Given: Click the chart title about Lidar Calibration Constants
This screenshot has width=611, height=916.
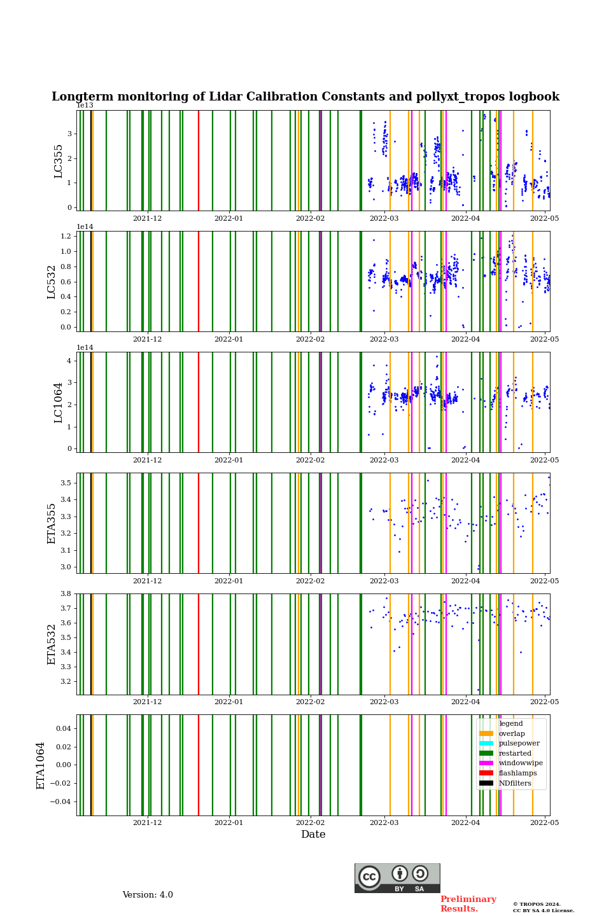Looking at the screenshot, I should point(305,97).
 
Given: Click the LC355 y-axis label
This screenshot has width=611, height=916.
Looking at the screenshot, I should point(59,161).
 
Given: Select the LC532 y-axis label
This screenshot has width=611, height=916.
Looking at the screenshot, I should point(52,282).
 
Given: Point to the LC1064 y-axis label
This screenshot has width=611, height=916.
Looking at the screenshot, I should point(59,403).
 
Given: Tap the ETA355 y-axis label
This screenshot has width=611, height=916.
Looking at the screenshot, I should point(52,524).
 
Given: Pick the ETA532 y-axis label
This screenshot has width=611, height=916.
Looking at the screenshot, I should point(52,644).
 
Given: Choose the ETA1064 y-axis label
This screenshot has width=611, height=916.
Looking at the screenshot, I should point(41,765).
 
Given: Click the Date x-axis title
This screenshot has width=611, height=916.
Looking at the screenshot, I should point(313,835).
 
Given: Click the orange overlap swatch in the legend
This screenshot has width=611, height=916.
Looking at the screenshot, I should point(486,733).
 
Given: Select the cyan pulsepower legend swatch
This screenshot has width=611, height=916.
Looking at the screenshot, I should point(486,744).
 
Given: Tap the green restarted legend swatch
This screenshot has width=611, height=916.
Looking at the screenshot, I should point(486,753).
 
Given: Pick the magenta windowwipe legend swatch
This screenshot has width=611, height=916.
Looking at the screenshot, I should point(486,763).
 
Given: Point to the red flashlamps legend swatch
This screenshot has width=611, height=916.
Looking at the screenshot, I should point(486,774).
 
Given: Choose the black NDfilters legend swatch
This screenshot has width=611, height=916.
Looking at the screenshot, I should point(486,783).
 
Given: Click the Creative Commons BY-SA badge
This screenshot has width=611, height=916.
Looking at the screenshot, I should point(397,878).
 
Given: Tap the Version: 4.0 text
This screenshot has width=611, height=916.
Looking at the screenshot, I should point(148,895).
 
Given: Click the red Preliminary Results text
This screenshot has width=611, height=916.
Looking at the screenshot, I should point(468,904).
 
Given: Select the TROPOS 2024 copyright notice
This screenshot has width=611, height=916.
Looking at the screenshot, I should point(544,907).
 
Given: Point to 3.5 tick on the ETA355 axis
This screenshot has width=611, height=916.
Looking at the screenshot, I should point(66,483).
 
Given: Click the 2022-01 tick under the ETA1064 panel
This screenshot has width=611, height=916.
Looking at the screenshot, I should point(228,822).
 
